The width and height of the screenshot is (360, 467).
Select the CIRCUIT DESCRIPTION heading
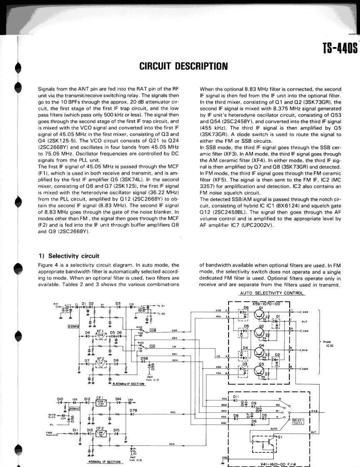coord(183,66)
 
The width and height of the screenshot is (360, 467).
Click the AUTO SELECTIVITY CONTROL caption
coord(272,293)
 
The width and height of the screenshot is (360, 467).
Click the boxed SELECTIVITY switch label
coord(298,421)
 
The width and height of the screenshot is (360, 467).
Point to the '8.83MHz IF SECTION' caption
coord(127,384)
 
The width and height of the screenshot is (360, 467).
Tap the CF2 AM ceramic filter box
coord(100,433)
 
